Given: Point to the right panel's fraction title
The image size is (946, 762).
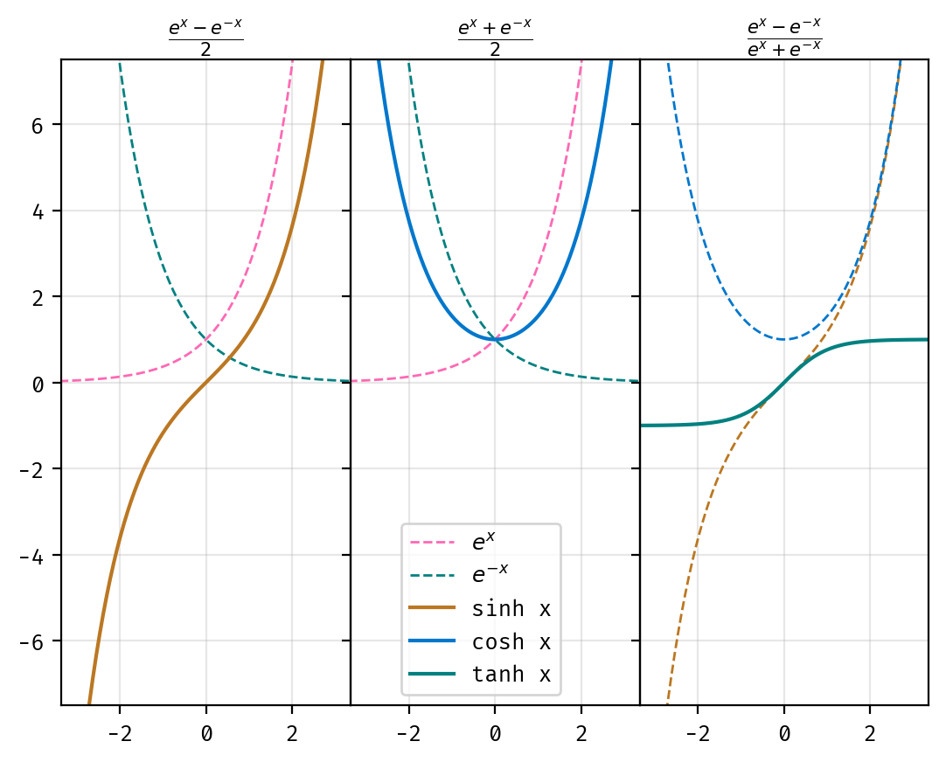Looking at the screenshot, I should tap(784, 34).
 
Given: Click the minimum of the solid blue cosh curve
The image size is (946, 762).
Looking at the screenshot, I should tap(495, 339).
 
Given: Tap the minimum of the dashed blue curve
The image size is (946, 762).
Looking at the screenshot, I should tap(784, 339).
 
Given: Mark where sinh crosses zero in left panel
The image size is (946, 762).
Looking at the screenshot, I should tap(205, 382).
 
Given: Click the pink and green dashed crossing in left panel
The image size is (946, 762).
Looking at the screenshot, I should tap(205, 339).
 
